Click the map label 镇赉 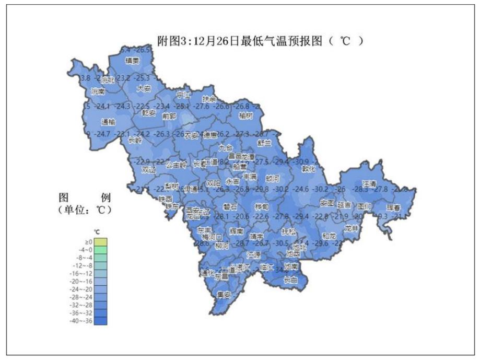pyautogui.click(x=132, y=61)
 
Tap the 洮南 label pyautogui.click(x=98, y=91)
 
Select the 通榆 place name pyautogui.click(x=108, y=122)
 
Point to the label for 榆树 pyautogui.click(x=245, y=115)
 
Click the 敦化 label pyautogui.click(x=309, y=169)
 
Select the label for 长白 pyautogui.click(x=290, y=280)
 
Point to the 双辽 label pyautogui.click(x=148, y=170)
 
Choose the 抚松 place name pyautogui.click(x=288, y=230)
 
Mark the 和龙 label pyautogui.click(x=329, y=236)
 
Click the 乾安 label pyautogui.click(x=149, y=112)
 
